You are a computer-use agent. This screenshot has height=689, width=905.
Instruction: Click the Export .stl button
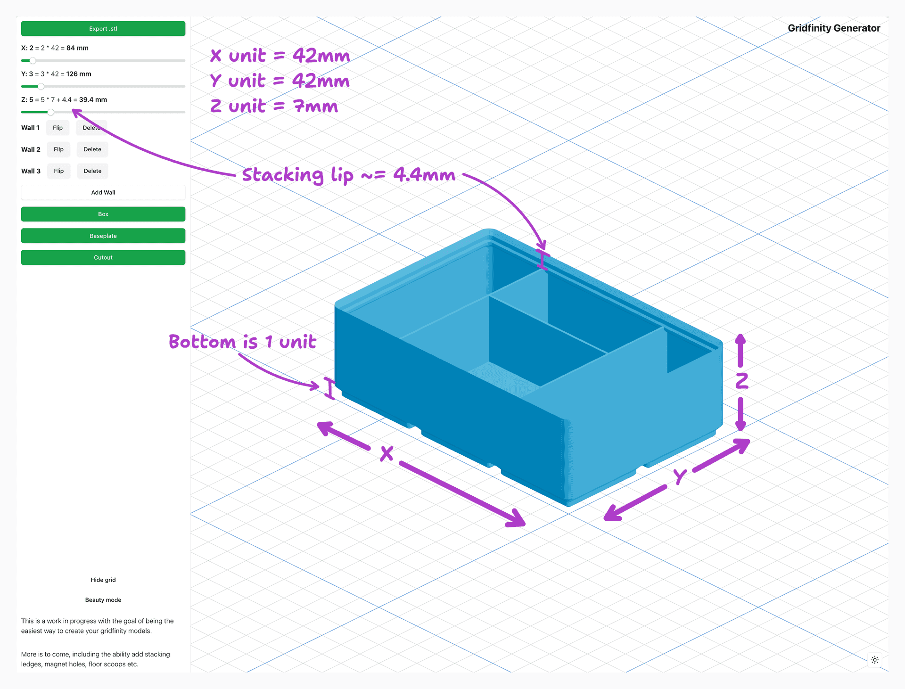(x=103, y=29)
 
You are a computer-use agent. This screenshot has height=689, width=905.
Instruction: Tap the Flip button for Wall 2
(x=58, y=149)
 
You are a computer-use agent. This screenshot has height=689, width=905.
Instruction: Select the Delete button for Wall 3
(x=92, y=171)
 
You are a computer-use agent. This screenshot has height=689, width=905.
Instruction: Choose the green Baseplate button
(x=103, y=236)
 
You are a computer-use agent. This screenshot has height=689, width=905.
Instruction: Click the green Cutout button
(x=103, y=257)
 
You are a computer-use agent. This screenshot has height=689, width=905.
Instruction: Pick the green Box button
(x=103, y=214)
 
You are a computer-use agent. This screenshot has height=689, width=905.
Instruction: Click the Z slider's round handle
(x=51, y=112)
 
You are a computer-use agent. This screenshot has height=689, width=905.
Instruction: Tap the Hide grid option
(x=103, y=580)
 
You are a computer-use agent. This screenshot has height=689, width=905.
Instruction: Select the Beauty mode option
(x=103, y=600)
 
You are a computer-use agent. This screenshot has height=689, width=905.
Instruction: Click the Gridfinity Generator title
(x=834, y=28)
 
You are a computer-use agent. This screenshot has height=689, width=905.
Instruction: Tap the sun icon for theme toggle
(x=875, y=660)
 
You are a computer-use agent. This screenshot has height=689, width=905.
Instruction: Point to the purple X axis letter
(x=387, y=454)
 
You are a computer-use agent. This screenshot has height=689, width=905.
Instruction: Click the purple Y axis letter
(x=680, y=476)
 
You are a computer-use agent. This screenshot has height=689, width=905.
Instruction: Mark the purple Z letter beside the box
(x=742, y=381)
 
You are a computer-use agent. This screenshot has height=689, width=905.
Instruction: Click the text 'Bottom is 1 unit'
(x=242, y=342)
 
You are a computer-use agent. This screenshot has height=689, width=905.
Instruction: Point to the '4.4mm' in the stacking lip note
(x=424, y=175)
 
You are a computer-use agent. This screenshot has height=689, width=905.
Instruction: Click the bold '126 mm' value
(x=79, y=74)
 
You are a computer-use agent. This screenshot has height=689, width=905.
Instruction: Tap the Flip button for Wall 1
(x=58, y=128)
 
